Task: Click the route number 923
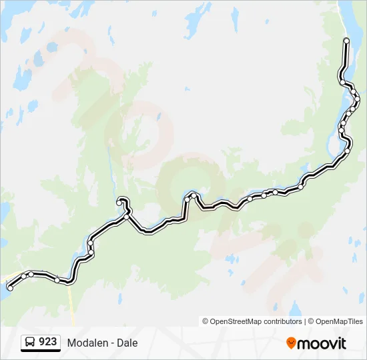click(x=47, y=342)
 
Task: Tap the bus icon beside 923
click(x=30, y=342)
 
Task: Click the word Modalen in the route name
click(x=87, y=343)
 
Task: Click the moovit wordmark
click(x=322, y=343)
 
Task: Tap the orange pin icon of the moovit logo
click(x=291, y=343)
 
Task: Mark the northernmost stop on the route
click(x=346, y=41)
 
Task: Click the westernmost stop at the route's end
click(x=10, y=288)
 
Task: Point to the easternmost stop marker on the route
click(x=358, y=99)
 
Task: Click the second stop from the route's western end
click(x=23, y=276)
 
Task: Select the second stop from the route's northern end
click(x=342, y=82)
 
